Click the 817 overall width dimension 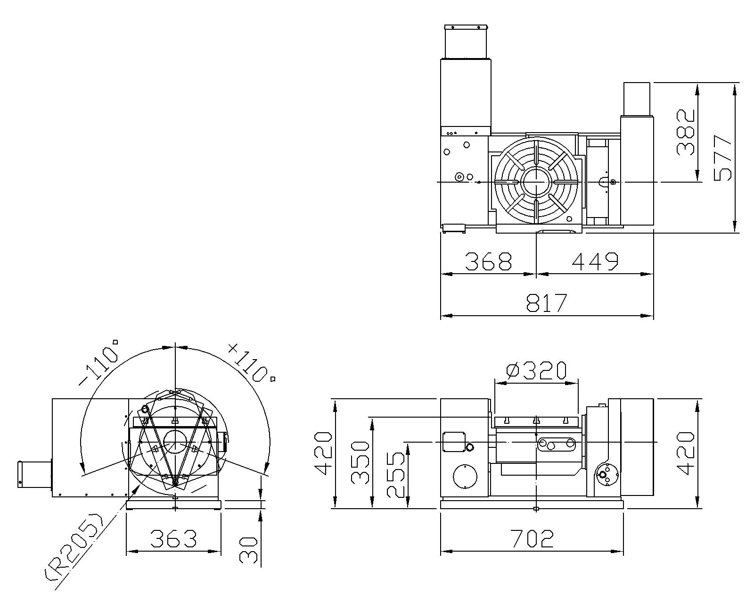[x=547, y=302]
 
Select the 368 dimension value [x=488, y=261]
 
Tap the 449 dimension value [x=595, y=261]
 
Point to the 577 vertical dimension [x=722, y=158]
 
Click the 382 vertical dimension [x=685, y=132]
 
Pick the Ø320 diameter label [x=536, y=370]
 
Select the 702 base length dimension [x=532, y=539]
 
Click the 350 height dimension [x=360, y=463]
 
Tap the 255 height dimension [x=396, y=475]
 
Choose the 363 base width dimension [x=173, y=539]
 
